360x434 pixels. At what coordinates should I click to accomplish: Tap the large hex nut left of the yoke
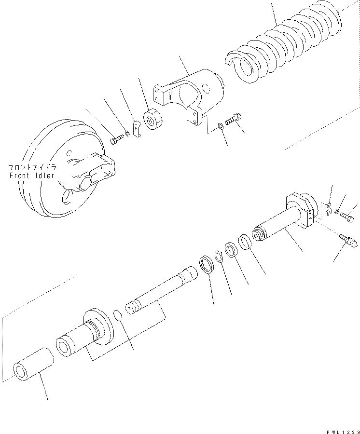point(153,119)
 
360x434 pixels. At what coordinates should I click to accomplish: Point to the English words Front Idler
point(32,176)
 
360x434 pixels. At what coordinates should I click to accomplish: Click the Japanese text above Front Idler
point(32,168)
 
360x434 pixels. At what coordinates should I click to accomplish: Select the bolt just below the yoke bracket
point(234,119)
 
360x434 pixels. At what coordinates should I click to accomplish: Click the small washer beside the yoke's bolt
point(221,126)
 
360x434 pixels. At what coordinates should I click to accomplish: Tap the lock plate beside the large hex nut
point(137,129)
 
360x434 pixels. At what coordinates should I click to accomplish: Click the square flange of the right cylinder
point(300,210)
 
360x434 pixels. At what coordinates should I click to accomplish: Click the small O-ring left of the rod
point(118,315)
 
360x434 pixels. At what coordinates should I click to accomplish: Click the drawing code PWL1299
point(342,432)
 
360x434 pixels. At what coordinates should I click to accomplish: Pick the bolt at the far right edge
point(347,217)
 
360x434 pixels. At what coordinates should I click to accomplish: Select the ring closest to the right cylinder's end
point(245,242)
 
